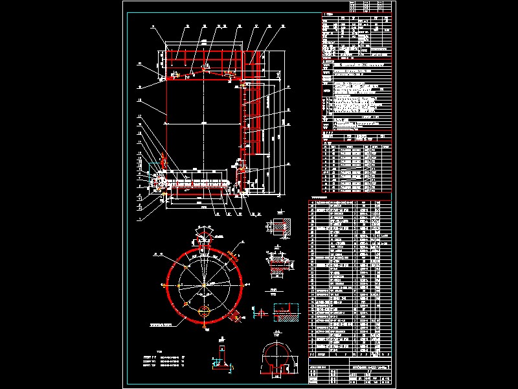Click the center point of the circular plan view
tap(205, 285)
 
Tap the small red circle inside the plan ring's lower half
tap(205, 311)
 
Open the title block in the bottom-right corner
tap(350, 372)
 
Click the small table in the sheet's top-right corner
tap(370, 6)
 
